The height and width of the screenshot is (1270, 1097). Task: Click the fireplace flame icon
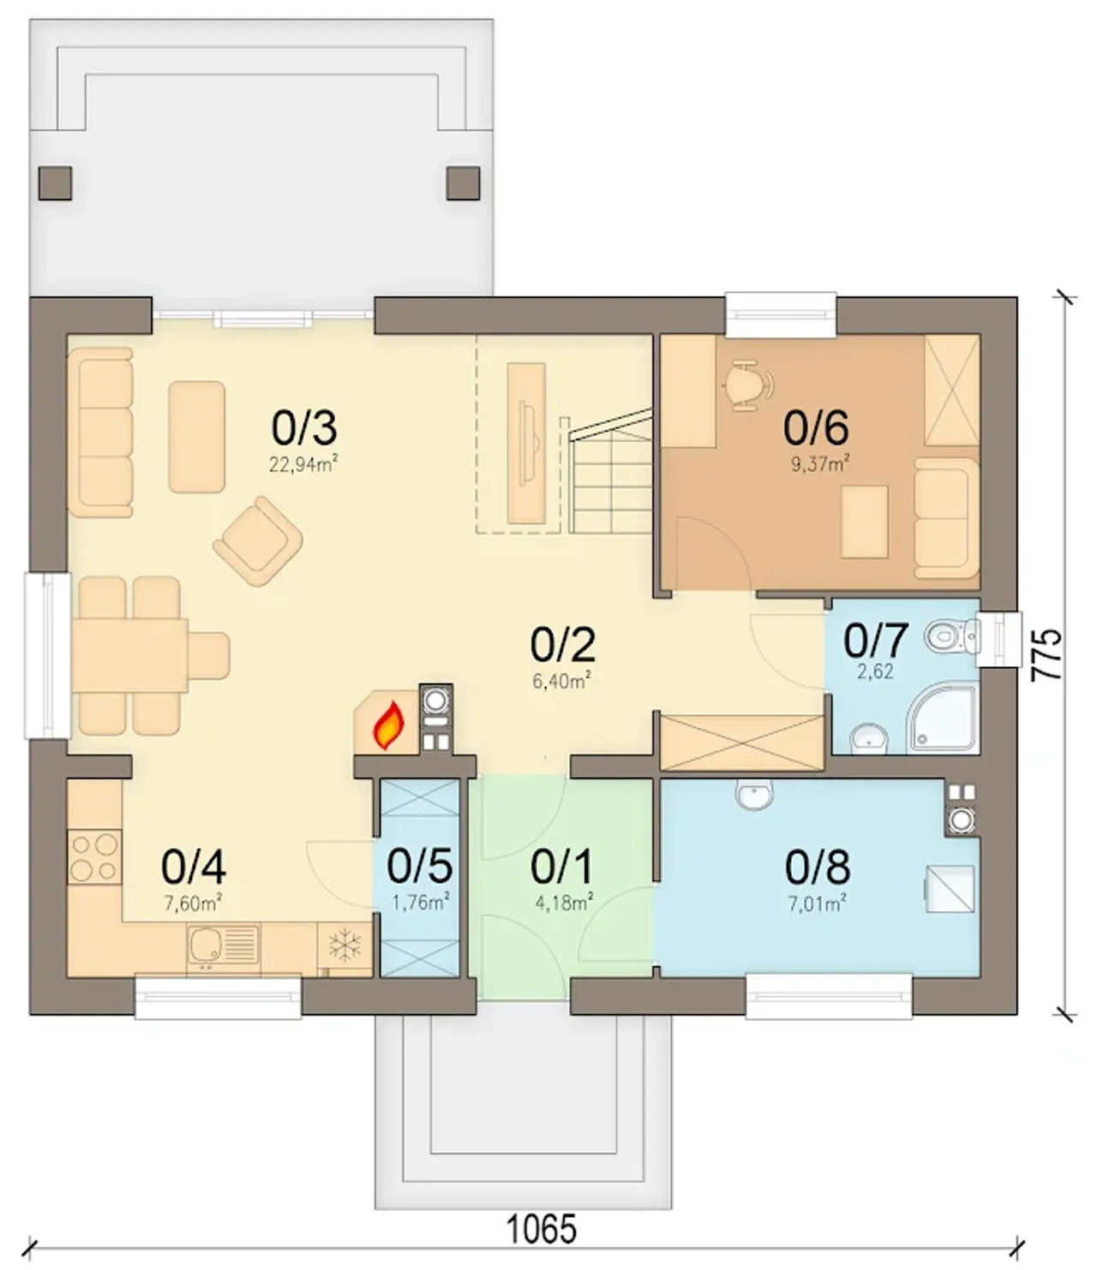[x=389, y=725]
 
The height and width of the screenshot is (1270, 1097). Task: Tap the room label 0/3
[x=304, y=428]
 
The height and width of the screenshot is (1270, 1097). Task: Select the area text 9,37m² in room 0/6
[x=820, y=464]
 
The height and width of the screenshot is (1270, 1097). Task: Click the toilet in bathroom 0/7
[x=952, y=636]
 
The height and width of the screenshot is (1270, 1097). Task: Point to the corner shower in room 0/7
[x=942, y=718]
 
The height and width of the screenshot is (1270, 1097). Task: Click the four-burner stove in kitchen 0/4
[x=94, y=857]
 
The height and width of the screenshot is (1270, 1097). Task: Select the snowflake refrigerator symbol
[x=345, y=947]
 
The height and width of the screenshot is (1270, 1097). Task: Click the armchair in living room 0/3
[x=258, y=541]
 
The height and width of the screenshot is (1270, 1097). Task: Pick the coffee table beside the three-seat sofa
[x=197, y=437]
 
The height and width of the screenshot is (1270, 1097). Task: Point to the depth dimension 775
[x=1048, y=653]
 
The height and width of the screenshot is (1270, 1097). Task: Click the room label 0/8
[x=818, y=867]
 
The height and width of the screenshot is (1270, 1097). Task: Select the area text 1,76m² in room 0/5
[x=421, y=902]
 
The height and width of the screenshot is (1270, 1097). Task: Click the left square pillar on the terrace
[x=56, y=183]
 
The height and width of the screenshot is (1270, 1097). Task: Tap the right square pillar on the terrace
[x=463, y=183]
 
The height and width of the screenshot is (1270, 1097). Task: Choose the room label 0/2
[x=563, y=645]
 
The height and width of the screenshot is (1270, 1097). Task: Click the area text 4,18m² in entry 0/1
[x=564, y=902]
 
